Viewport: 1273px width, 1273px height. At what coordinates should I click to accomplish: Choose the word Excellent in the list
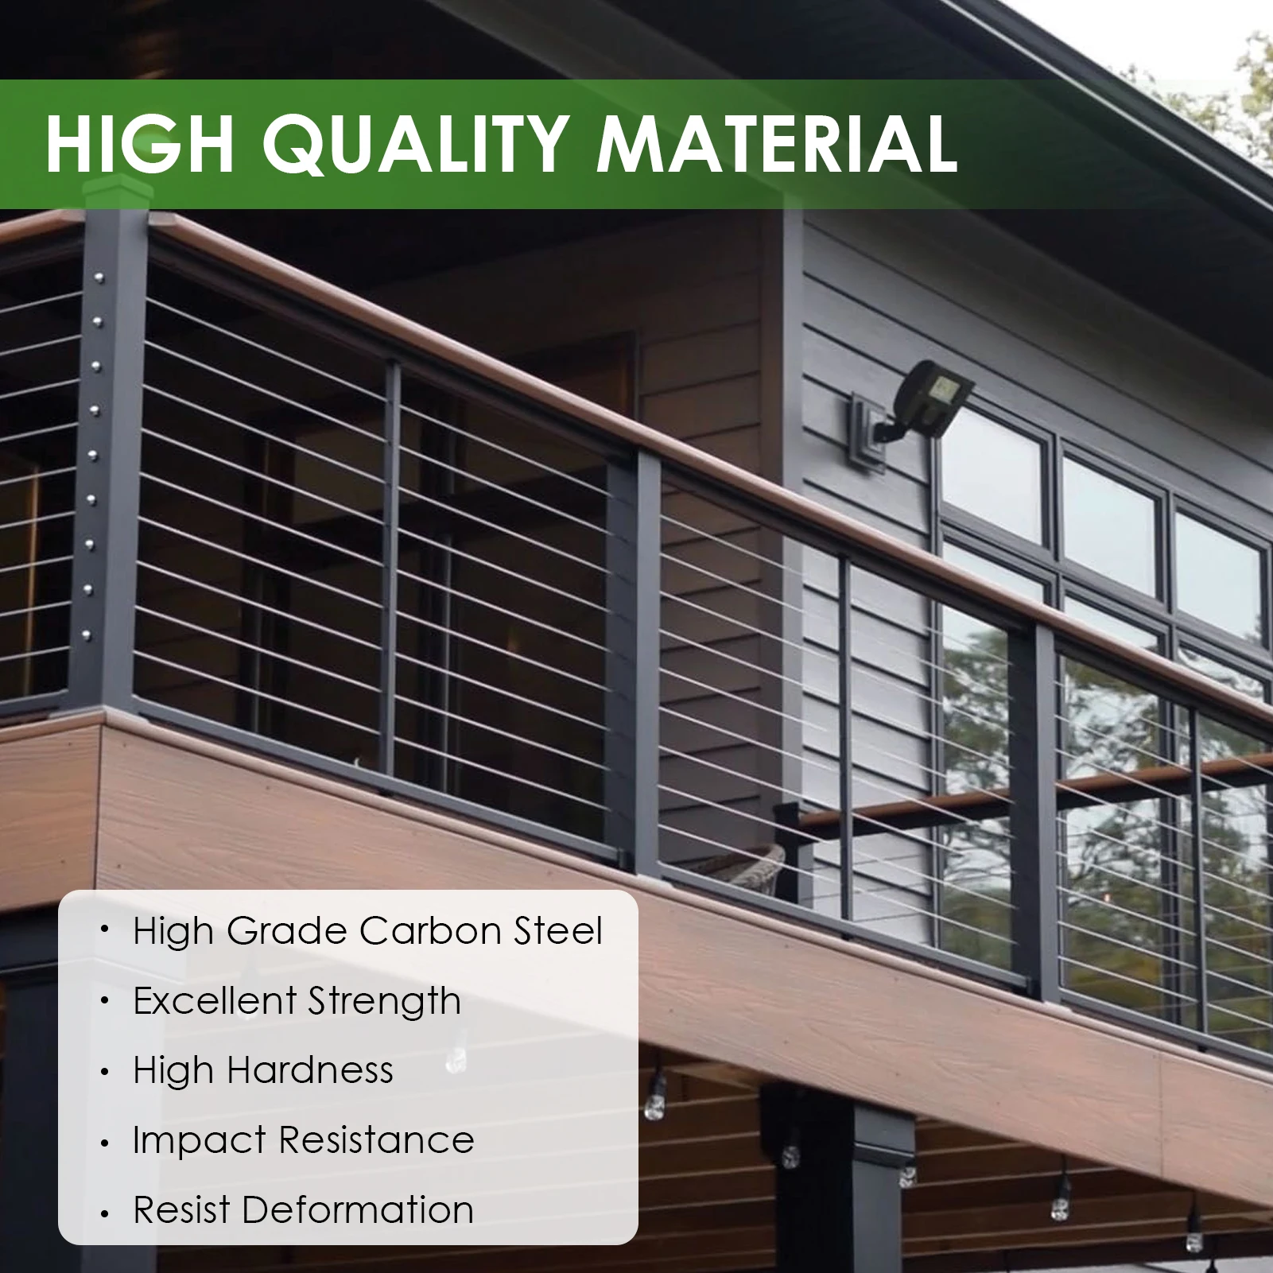[x=215, y=1000]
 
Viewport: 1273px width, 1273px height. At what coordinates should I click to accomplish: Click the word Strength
[x=384, y=1002]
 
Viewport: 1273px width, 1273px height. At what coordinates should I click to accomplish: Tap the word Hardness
[x=309, y=1070]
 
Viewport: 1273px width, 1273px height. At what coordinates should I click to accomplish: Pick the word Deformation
[x=358, y=1210]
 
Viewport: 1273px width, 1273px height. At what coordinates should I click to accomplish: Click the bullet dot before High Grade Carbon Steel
[x=104, y=930]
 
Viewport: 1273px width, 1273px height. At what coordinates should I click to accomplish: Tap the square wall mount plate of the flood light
[x=867, y=433]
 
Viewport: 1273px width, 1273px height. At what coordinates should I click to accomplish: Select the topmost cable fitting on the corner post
[x=99, y=277]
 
